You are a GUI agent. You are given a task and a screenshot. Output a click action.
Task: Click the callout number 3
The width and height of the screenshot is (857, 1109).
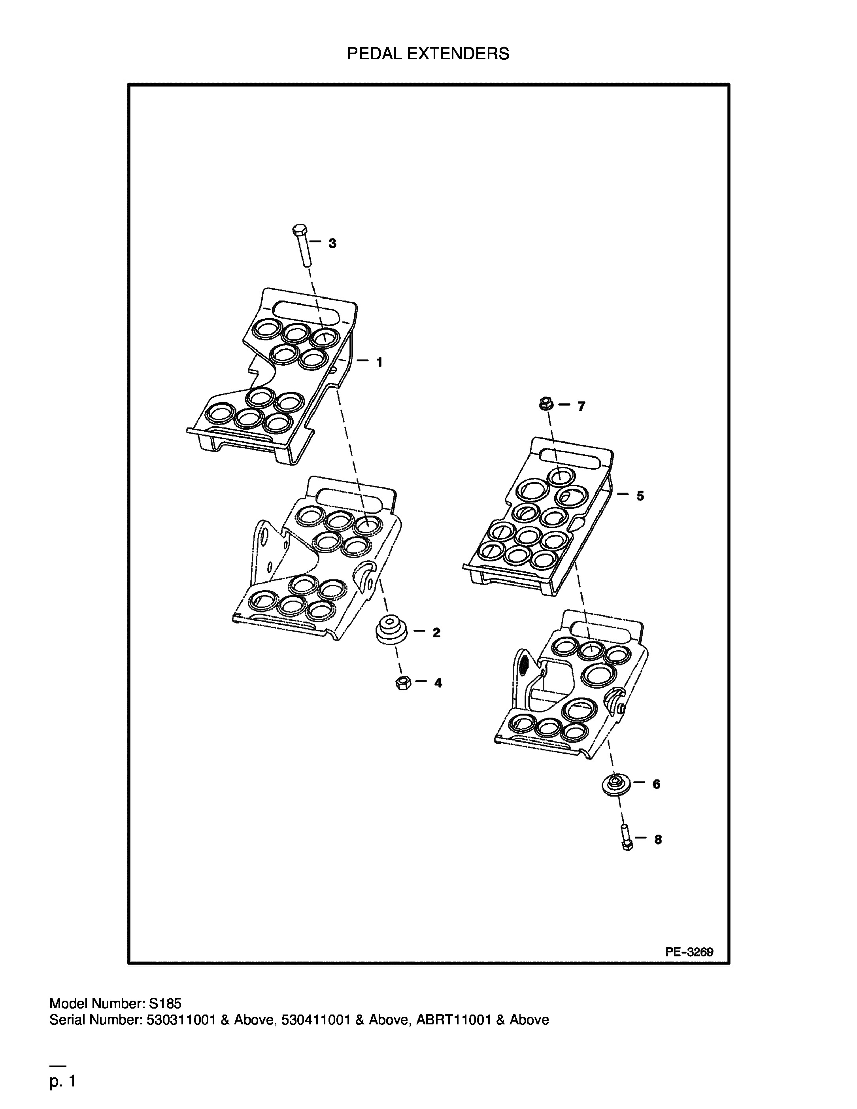[332, 244]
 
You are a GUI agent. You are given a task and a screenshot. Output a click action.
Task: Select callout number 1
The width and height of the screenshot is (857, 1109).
[379, 362]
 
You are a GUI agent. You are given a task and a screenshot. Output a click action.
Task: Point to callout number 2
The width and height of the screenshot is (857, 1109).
[436, 633]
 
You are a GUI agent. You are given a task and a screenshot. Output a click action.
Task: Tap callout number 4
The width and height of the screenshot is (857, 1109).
[438, 683]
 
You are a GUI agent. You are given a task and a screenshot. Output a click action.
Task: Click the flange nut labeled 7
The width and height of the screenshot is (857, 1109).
[546, 404]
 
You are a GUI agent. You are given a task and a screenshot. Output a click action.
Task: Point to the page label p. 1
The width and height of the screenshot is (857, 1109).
[62, 1082]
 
